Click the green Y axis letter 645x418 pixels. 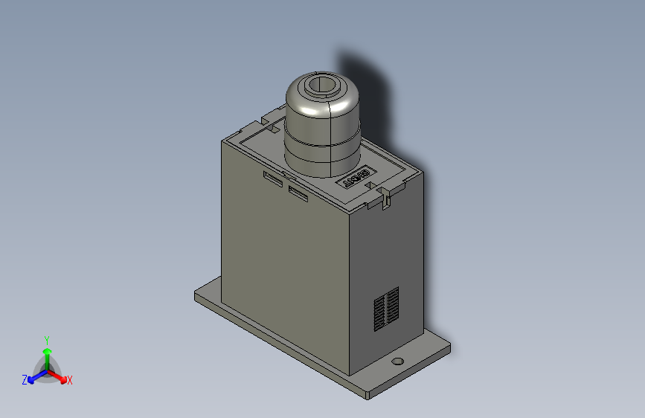point(46,338)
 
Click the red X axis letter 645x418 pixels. point(70,380)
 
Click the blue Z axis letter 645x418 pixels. point(25,379)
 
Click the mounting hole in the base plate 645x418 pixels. point(398,361)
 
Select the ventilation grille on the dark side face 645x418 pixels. point(385,308)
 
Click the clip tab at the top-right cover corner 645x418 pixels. point(386,197)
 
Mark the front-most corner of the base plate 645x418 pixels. point(368,394)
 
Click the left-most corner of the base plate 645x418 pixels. point(196,295)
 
